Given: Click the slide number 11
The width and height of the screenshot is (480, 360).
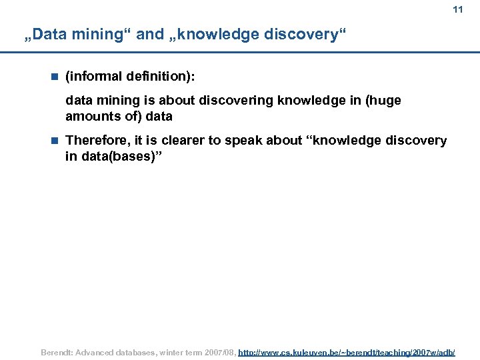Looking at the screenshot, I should pos(457,10).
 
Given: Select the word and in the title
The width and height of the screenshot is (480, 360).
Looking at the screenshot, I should pos(149,35).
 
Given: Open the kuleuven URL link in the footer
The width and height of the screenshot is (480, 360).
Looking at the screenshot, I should pos(347,351).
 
